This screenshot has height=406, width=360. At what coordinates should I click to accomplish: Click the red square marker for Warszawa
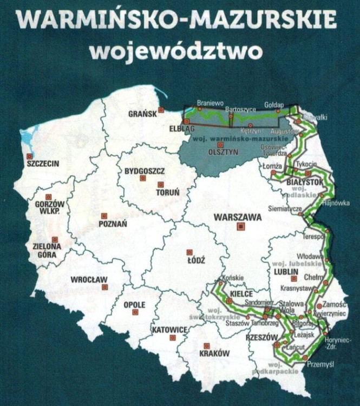point(241,227)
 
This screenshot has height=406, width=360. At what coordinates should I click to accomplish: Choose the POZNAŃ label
point(114,223)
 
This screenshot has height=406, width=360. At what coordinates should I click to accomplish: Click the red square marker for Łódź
point(189,252)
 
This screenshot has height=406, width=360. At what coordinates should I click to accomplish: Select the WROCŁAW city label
point(89,280)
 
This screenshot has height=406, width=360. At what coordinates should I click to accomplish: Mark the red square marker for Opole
point(135,312)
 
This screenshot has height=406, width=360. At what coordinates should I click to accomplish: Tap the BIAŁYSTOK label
point(304,181)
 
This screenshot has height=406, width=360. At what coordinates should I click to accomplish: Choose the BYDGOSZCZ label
point(145,171)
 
